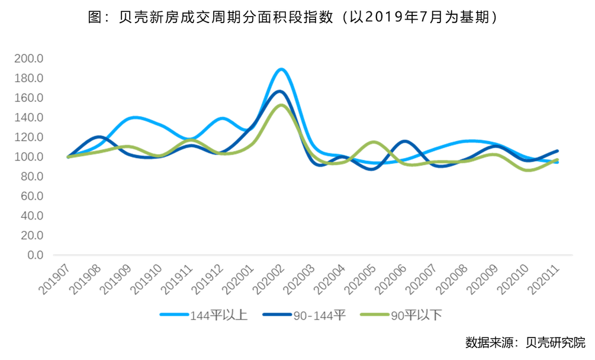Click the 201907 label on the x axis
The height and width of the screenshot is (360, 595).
click(56, 278)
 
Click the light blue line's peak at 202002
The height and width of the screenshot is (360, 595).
click(282, 69)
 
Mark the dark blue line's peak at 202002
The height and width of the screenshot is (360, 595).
click(280, 91)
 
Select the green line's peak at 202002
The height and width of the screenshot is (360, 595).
click(281, 105)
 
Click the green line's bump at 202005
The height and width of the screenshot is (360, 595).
click(373, 142)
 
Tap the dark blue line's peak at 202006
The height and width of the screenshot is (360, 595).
click(404, 141)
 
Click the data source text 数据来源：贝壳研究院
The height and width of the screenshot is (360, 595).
click(525, 342)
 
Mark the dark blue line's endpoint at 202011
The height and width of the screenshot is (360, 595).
click(557, 151)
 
